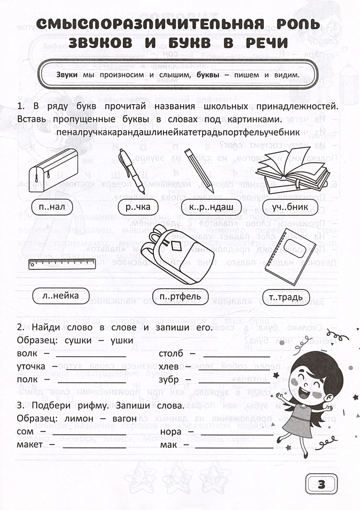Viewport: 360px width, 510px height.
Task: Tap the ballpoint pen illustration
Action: [131, 170]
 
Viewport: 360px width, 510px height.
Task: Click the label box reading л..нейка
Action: [57, 295]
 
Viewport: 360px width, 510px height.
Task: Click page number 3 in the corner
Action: [320, 485]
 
